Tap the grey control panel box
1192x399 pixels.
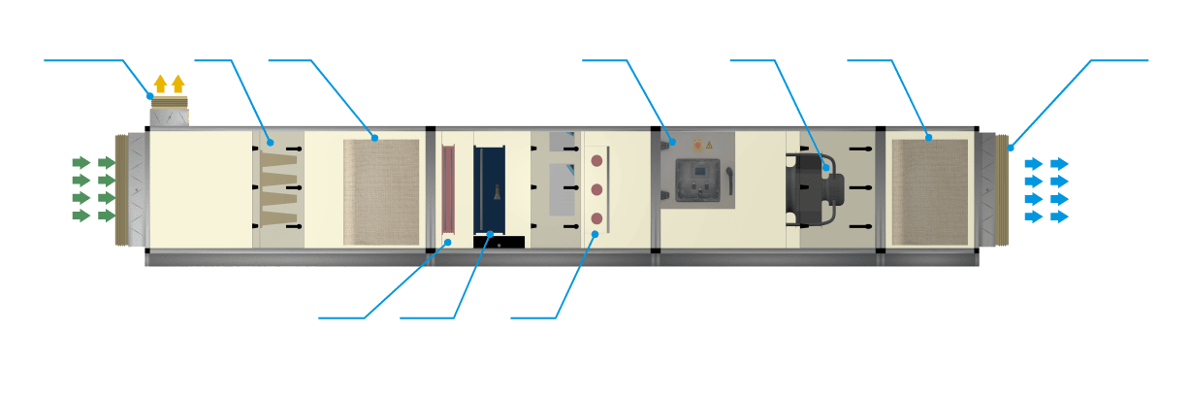(x=695, y=181)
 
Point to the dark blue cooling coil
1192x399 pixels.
(x=489, y=189)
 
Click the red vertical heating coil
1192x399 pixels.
(x=449, y=189)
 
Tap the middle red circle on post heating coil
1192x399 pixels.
(x=596, y=188)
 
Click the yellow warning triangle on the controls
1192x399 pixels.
(x=709, y=145)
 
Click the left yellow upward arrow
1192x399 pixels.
(x=160, y=84)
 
